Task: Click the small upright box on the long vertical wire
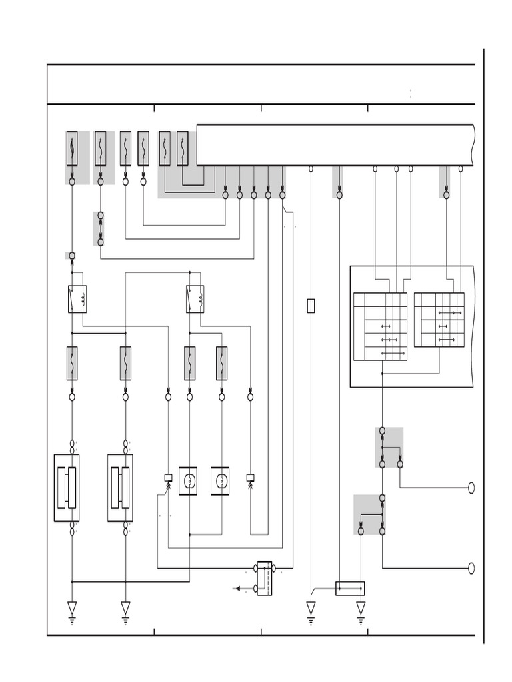coord(311,306)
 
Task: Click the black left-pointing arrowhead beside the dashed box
coord(237,589)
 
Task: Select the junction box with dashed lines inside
coord(265,578)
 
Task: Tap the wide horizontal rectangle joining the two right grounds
coord(350,588)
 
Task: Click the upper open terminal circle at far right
coord(471,488)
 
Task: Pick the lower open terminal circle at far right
coord(471,568)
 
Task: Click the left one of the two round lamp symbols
coord(188,480)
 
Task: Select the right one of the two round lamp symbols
coord(220,480)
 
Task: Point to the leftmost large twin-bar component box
coord(67,488)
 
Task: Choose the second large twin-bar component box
coord(120,488)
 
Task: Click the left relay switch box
coord(77,299)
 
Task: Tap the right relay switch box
coord(195,299)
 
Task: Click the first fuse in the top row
coord(72,148)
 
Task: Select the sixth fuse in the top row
coord(183,148)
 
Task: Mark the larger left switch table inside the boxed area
coord(380,326)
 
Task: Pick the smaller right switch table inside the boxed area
coord(439,320)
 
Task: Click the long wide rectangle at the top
coord(335,145)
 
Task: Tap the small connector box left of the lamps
coord(168,478)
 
